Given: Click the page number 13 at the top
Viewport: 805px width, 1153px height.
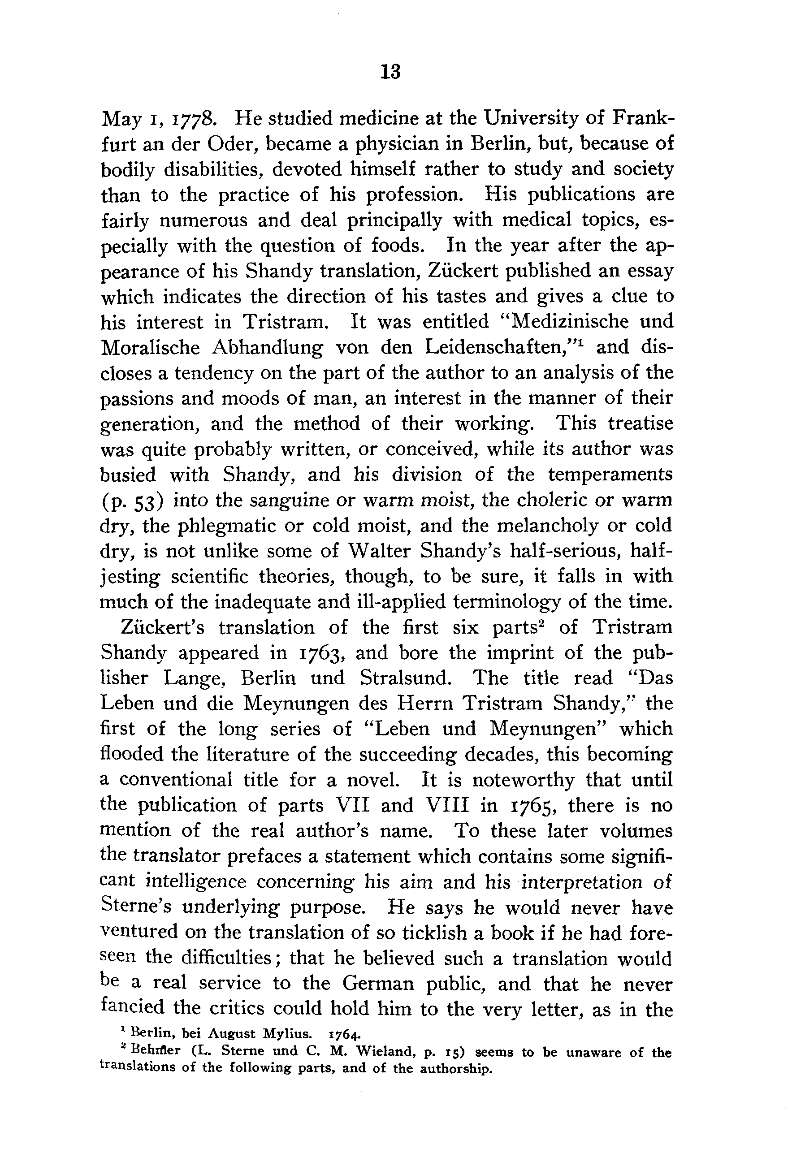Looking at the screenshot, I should (x=391, y=72).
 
